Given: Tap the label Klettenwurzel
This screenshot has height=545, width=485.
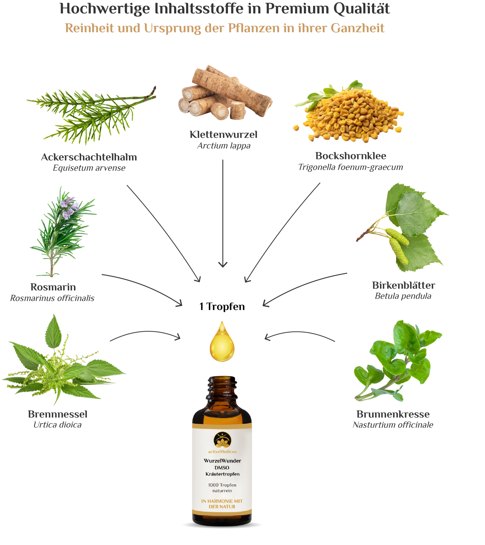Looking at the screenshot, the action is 223,134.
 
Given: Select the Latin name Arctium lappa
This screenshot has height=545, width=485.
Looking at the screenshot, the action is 224,146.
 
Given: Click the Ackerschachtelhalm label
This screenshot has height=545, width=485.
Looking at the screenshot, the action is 89,157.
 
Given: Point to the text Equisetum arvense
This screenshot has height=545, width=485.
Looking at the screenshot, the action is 89,168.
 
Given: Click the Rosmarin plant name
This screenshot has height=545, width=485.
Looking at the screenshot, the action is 53,287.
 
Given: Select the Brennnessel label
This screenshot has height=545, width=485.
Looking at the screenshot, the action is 58,414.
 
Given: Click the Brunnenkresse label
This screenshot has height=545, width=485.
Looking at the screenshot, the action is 393,414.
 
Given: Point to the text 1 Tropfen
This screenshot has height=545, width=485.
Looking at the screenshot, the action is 222,306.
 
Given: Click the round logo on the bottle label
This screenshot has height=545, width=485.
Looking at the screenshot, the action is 222,440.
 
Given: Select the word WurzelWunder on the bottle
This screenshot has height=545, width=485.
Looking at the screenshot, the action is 222,461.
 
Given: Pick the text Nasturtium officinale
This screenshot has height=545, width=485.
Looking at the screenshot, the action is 393,425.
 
